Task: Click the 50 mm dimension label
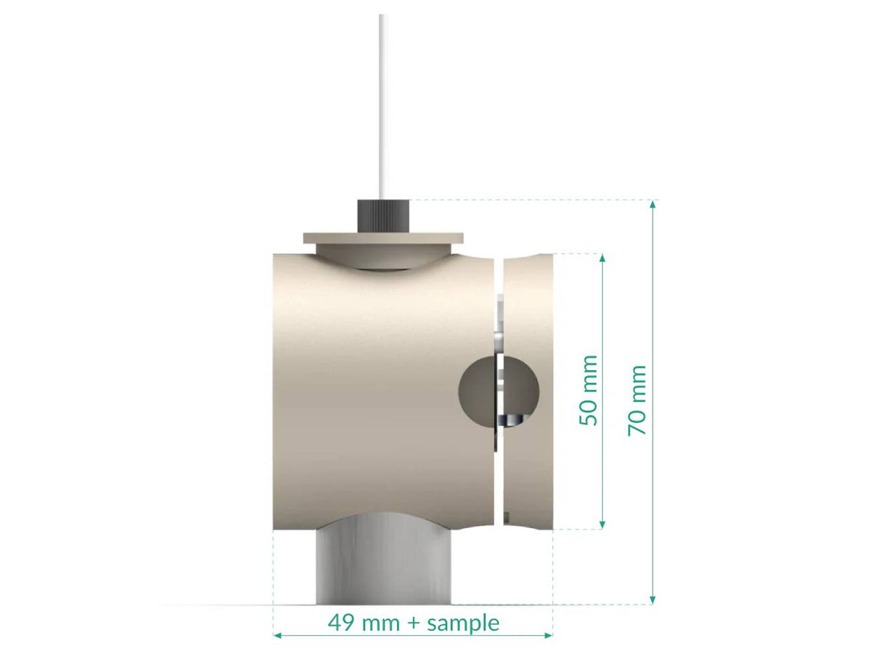click(588, 390)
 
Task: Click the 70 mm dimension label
click(637, 400)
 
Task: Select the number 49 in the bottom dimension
click(340, 624)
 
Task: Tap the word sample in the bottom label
click(463, 624)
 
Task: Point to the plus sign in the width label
click(414, 624)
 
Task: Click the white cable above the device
click(382, 103)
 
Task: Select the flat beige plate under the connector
click(384, 238)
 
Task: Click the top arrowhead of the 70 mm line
click(652, 205)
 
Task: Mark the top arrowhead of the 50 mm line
click(603, 259)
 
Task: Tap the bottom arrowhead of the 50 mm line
click(603, 524)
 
